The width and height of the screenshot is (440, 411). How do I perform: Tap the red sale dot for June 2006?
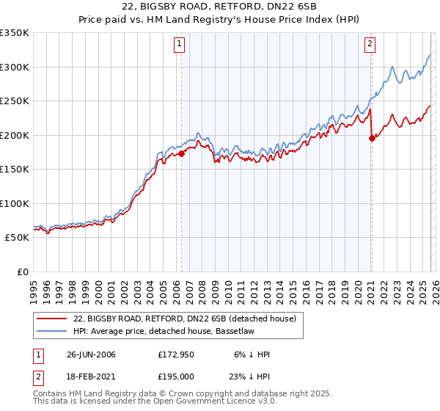tap(181, 154)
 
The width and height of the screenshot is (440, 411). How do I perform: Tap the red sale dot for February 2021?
tap(372, 139)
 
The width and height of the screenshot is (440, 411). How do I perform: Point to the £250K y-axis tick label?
tap(15, 101)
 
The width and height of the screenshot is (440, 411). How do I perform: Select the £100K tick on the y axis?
tap(15, 203)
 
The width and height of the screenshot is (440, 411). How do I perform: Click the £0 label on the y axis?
tap(23, 272)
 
